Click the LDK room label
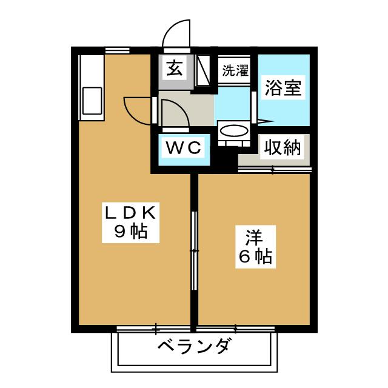pyautogui.click(x=131, y=213)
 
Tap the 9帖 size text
pyautogui.click(x=131, y=232)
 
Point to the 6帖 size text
pyautogui.click(x=255, y=256)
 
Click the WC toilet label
pyautogui.click(x=183, y=148)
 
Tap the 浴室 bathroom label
pyautogui.click(x=283, y=88)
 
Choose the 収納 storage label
pyautogui.click(x=283, y=147)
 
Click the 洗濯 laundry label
pyautogui.click(x=235, y=70)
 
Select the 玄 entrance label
pyautogui.click(x=175, y=68)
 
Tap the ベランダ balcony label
pyautogui.click(x=193, y=346)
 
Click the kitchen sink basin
pyautogui.click(x=92, y=101)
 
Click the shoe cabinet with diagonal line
pyautogui.click(x=202, y=70)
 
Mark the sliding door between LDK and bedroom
pyautogui.click(x=194, y=250)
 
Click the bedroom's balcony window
pyautogui.click(x=236, y=329)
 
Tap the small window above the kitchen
pyautogui.click(x=117, y=50)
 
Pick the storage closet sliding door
pyautogui.click(x=274, y=170)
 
